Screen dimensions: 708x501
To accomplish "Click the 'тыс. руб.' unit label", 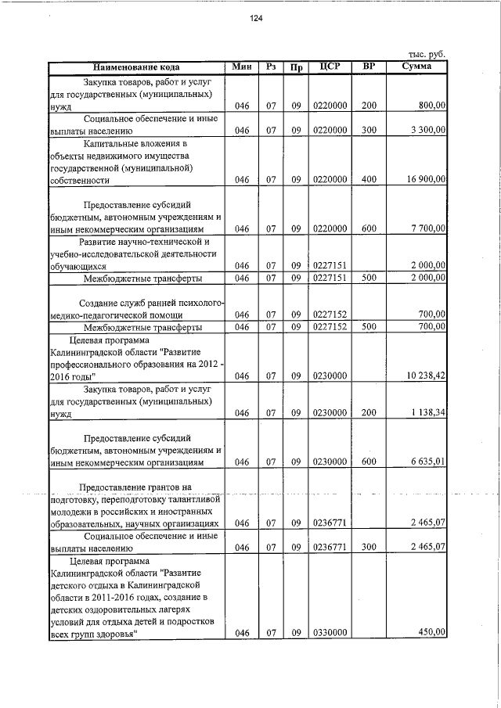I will click(x=427, y=54).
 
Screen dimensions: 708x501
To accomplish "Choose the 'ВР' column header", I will click(x=369, y=66).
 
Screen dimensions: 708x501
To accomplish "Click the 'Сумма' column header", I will click(x=416, y=66).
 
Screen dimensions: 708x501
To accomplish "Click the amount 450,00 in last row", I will click(x=431, y=634).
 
